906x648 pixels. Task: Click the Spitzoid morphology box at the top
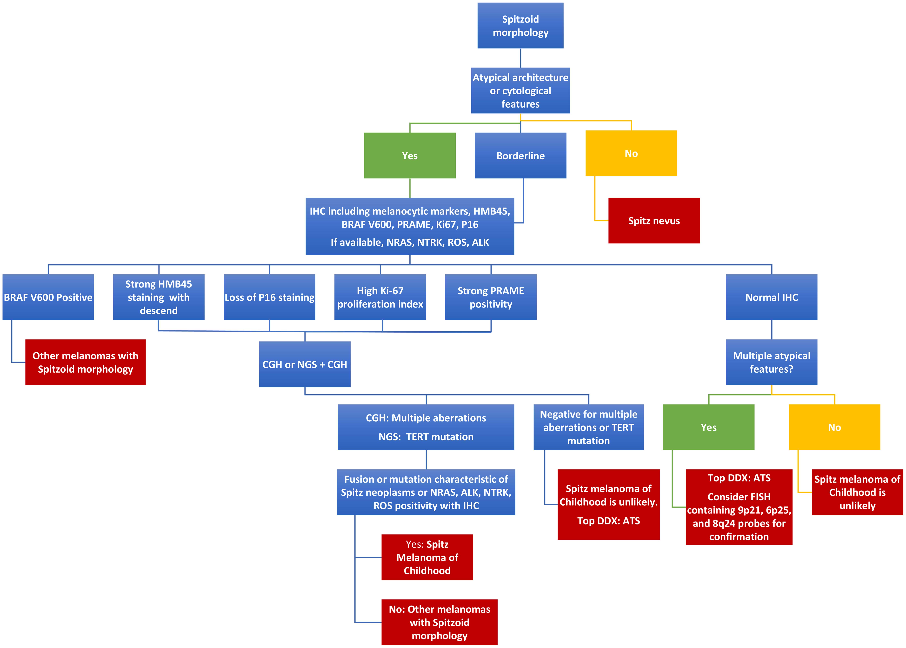[x=520, y=26]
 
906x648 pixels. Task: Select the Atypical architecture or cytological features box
[x=520, y=91]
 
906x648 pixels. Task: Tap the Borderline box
[x=520, y=156]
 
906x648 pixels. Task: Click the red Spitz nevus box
[x=654, y=221]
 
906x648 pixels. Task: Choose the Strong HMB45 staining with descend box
[x=159, y=297]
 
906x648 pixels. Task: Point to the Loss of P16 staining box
[x=269, y=297]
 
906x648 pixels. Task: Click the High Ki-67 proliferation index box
[x=380, y=297]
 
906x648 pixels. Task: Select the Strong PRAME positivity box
[x=491, y=297]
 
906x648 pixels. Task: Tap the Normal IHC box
[x=771, y=297]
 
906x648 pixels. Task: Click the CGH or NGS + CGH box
[x=305, y=364]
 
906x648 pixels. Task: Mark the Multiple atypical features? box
[x=771, y=362]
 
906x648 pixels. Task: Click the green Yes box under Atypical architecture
[x=410, y=156]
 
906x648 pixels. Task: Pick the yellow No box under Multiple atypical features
[x=834, y=427]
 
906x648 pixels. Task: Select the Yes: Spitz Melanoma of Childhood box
[x=427, y=557]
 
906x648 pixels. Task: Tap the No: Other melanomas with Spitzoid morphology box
[x=439, y=622]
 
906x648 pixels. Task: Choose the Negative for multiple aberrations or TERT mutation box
[x=588, y=427]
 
